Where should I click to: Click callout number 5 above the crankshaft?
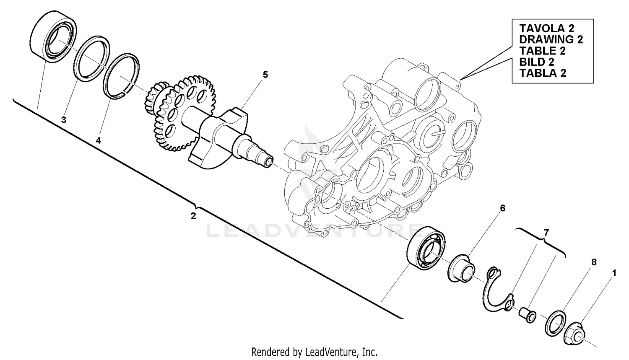tap(265, 75)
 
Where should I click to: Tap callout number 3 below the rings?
tap(64, 120)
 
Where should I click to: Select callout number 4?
tap(98, 141)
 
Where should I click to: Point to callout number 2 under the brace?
tap(193, 216)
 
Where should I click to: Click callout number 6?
tap(502, 208)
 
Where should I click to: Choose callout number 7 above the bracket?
tap(546, 232)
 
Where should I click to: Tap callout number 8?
tap(593, 262)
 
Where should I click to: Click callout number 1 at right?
tap(614, 273)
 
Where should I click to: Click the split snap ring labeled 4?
tap(122, 76)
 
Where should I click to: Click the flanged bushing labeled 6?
tap(461, 269)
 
